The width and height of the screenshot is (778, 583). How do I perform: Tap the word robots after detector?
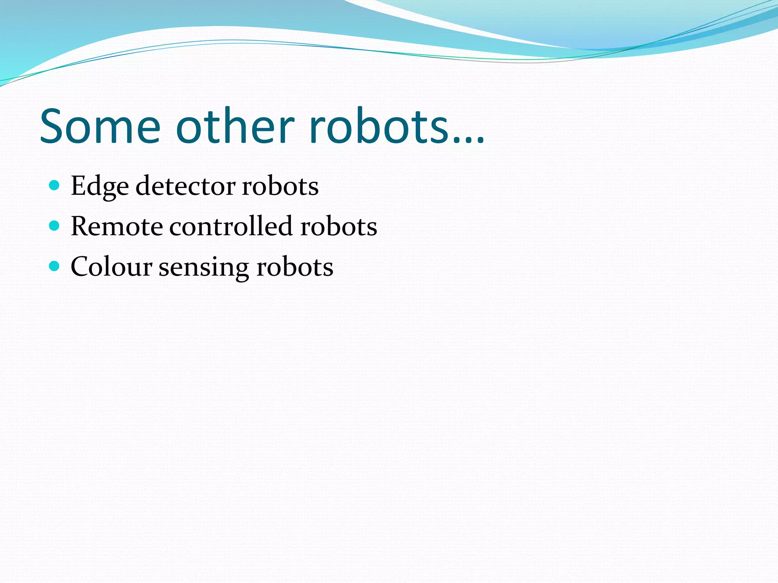pyautogui.click(x=280, y=186)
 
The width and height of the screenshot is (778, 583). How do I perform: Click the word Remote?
pyautogui.click(x=117, y=226)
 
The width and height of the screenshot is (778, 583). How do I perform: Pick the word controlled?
pyautogui.click(x=231, y=226)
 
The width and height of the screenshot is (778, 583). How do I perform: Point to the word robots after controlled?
pyautogui.click(x=339, y=226)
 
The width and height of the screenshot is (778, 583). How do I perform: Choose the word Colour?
pyautogui.click(x=111, y=266)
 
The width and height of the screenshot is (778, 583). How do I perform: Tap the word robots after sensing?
pyautogui.click(x=295, y=266)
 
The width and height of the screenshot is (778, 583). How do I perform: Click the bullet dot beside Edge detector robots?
pyautogui.click(x=55, y=186)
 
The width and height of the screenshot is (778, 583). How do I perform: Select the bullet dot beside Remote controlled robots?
pyautogui.click(x=55, y=226)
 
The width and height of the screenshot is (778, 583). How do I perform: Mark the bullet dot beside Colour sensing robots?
pyautogui.click(x=55, y=266)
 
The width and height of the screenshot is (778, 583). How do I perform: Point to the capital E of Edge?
pyautogui.click(x=79, y=186)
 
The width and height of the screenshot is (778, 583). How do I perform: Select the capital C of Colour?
pyautogui.click(x=81, y=266)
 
